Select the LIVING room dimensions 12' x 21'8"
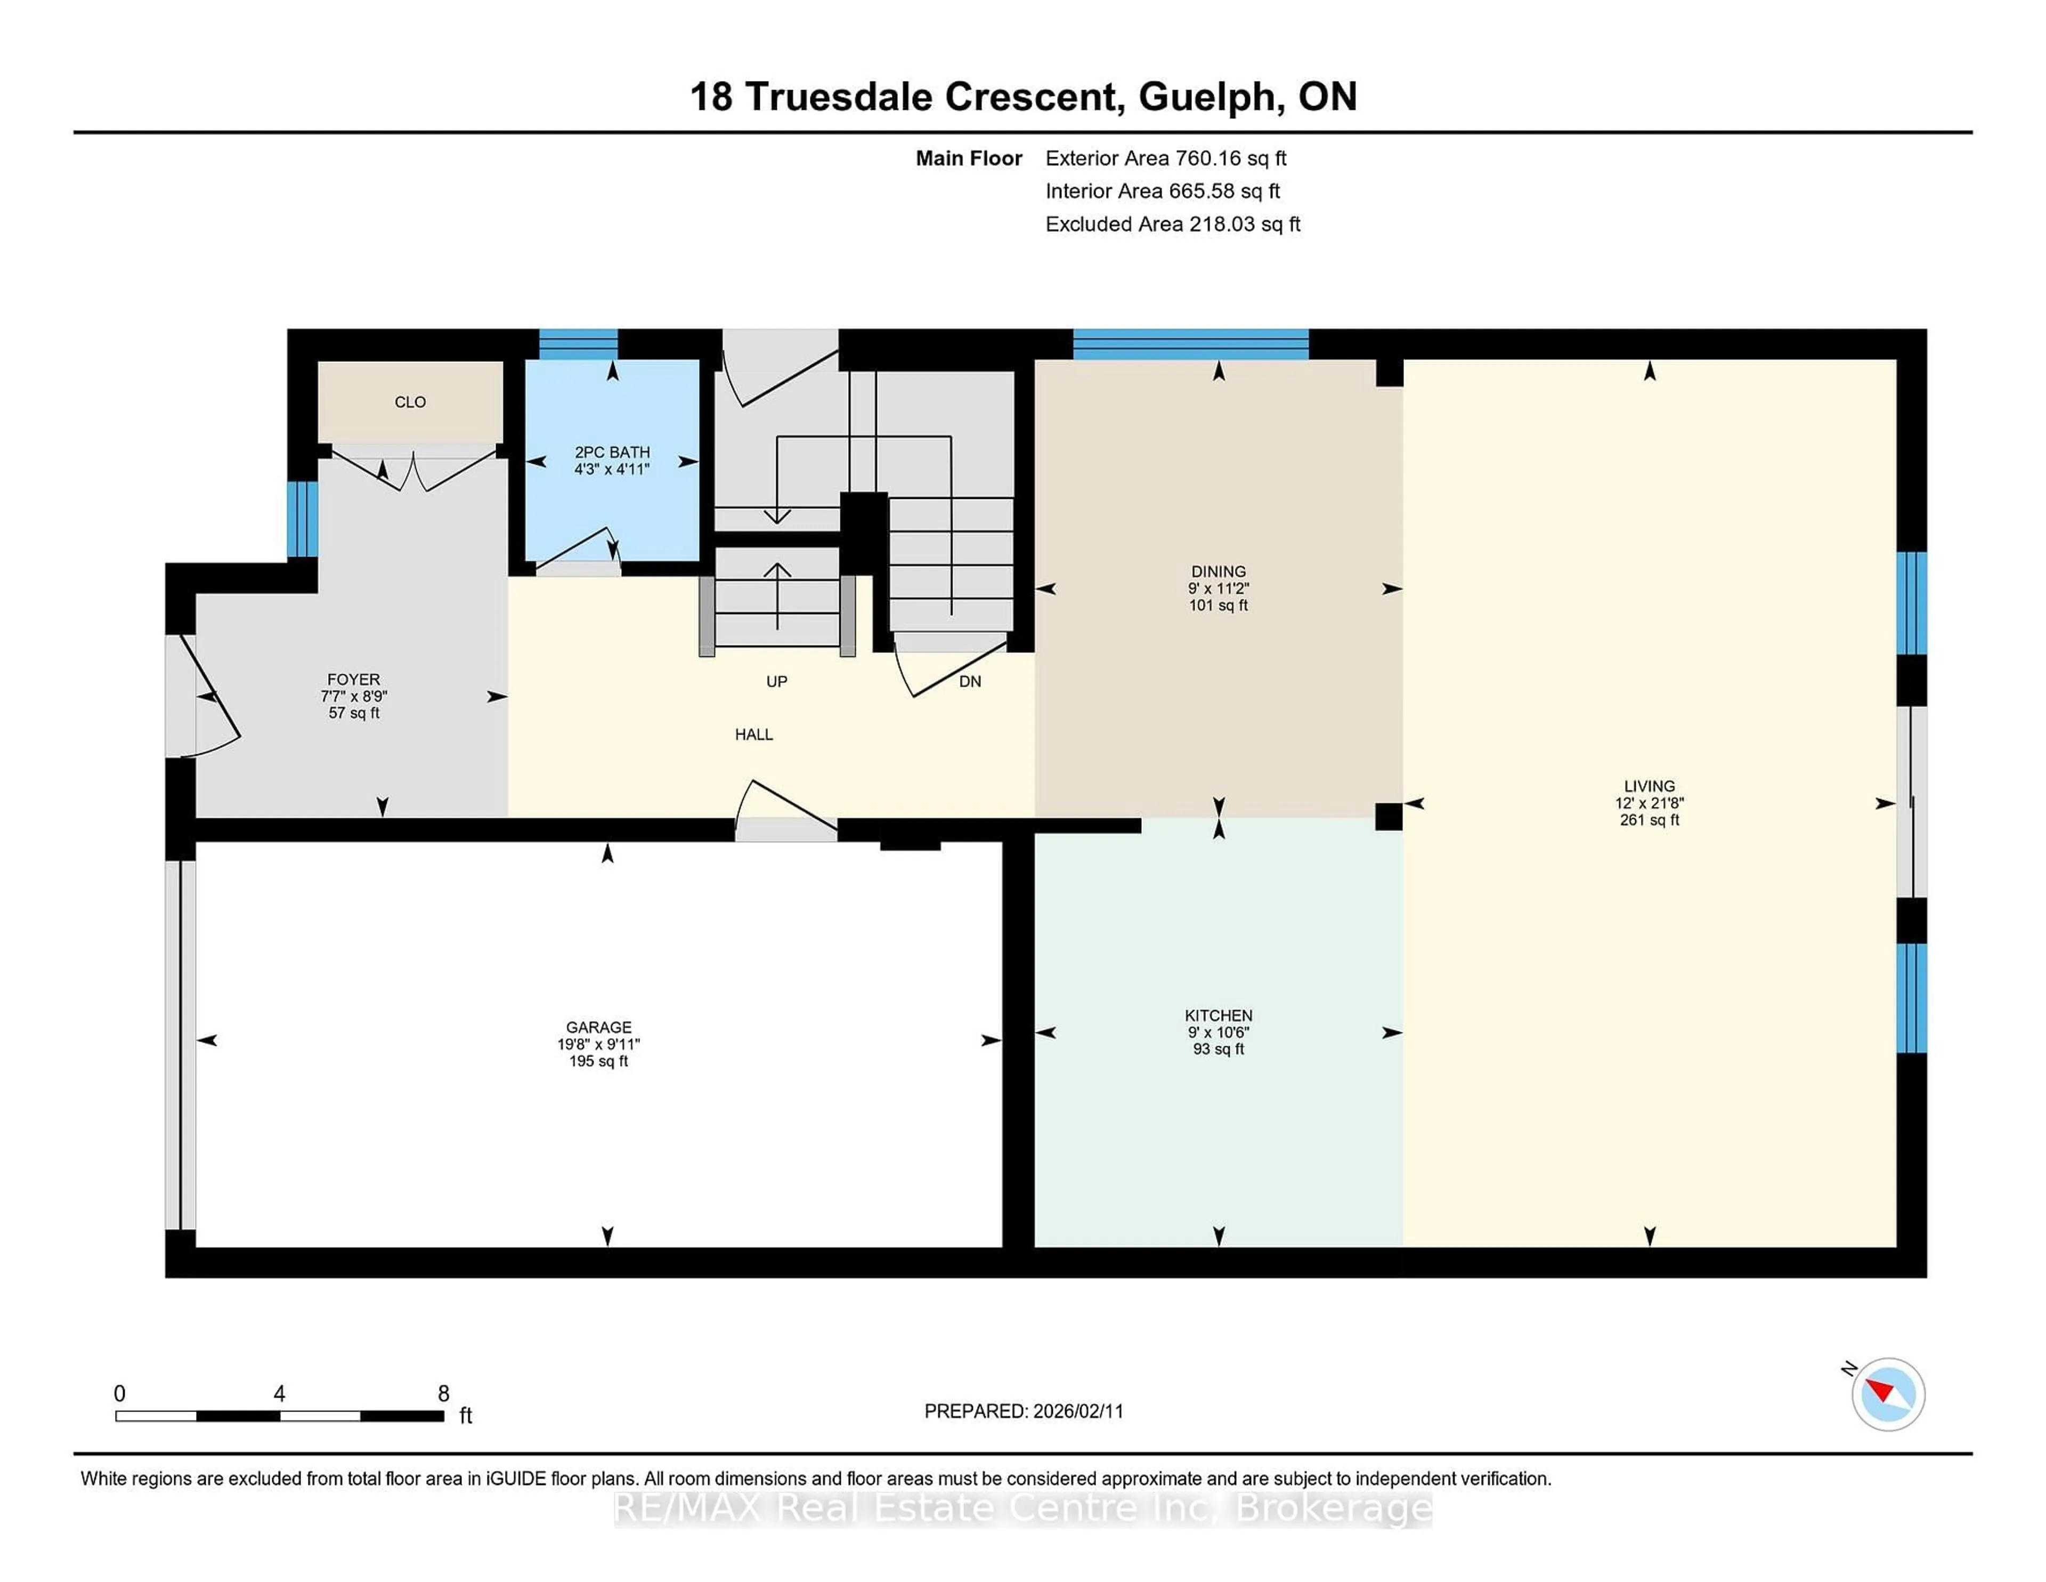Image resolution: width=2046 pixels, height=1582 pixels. click(x=1649, y=803)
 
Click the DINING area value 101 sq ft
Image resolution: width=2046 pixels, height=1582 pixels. click(x=1218, y=606)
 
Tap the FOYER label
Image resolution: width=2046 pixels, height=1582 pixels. click(x=353, y=680)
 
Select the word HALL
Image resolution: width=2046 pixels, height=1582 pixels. click(x=753, y=735)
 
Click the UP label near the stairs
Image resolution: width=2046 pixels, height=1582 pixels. click(x=777, y=681)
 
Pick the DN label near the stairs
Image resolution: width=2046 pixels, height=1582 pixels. click(x=970, y=681)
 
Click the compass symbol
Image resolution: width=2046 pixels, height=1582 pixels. click(x=1888, y=1394)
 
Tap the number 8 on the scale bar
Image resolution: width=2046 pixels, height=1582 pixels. click(x=443, y=1394)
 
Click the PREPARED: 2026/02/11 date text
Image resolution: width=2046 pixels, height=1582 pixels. click(x=1023, y=1411)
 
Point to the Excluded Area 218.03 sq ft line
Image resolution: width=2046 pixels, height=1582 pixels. click(x=1172, y=224)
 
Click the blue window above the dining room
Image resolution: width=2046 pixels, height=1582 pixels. click(x=1190, y=344)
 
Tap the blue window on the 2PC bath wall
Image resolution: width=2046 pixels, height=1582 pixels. click(x=578, y=344)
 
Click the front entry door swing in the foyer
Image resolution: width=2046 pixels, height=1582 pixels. click(x=211, y=698)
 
